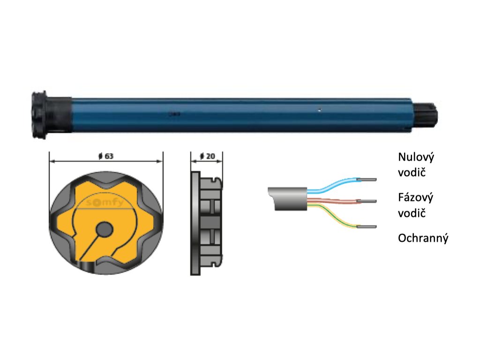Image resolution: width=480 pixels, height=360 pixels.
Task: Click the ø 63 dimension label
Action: click(106, 156)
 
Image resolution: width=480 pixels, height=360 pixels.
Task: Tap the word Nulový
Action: click(416, 157)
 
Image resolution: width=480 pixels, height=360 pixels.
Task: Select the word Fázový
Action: click(415, 197)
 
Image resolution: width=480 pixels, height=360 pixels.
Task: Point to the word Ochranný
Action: click(423, 238)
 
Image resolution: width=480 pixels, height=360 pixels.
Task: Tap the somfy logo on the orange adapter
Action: click(105, 202)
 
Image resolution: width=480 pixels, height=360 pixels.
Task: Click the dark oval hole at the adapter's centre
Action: click(104, 229)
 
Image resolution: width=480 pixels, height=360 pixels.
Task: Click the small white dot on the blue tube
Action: click(318, 111)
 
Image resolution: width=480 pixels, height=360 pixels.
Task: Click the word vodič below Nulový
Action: click(412, 173)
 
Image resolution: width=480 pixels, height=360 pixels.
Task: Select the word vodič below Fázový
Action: click(412, 213)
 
